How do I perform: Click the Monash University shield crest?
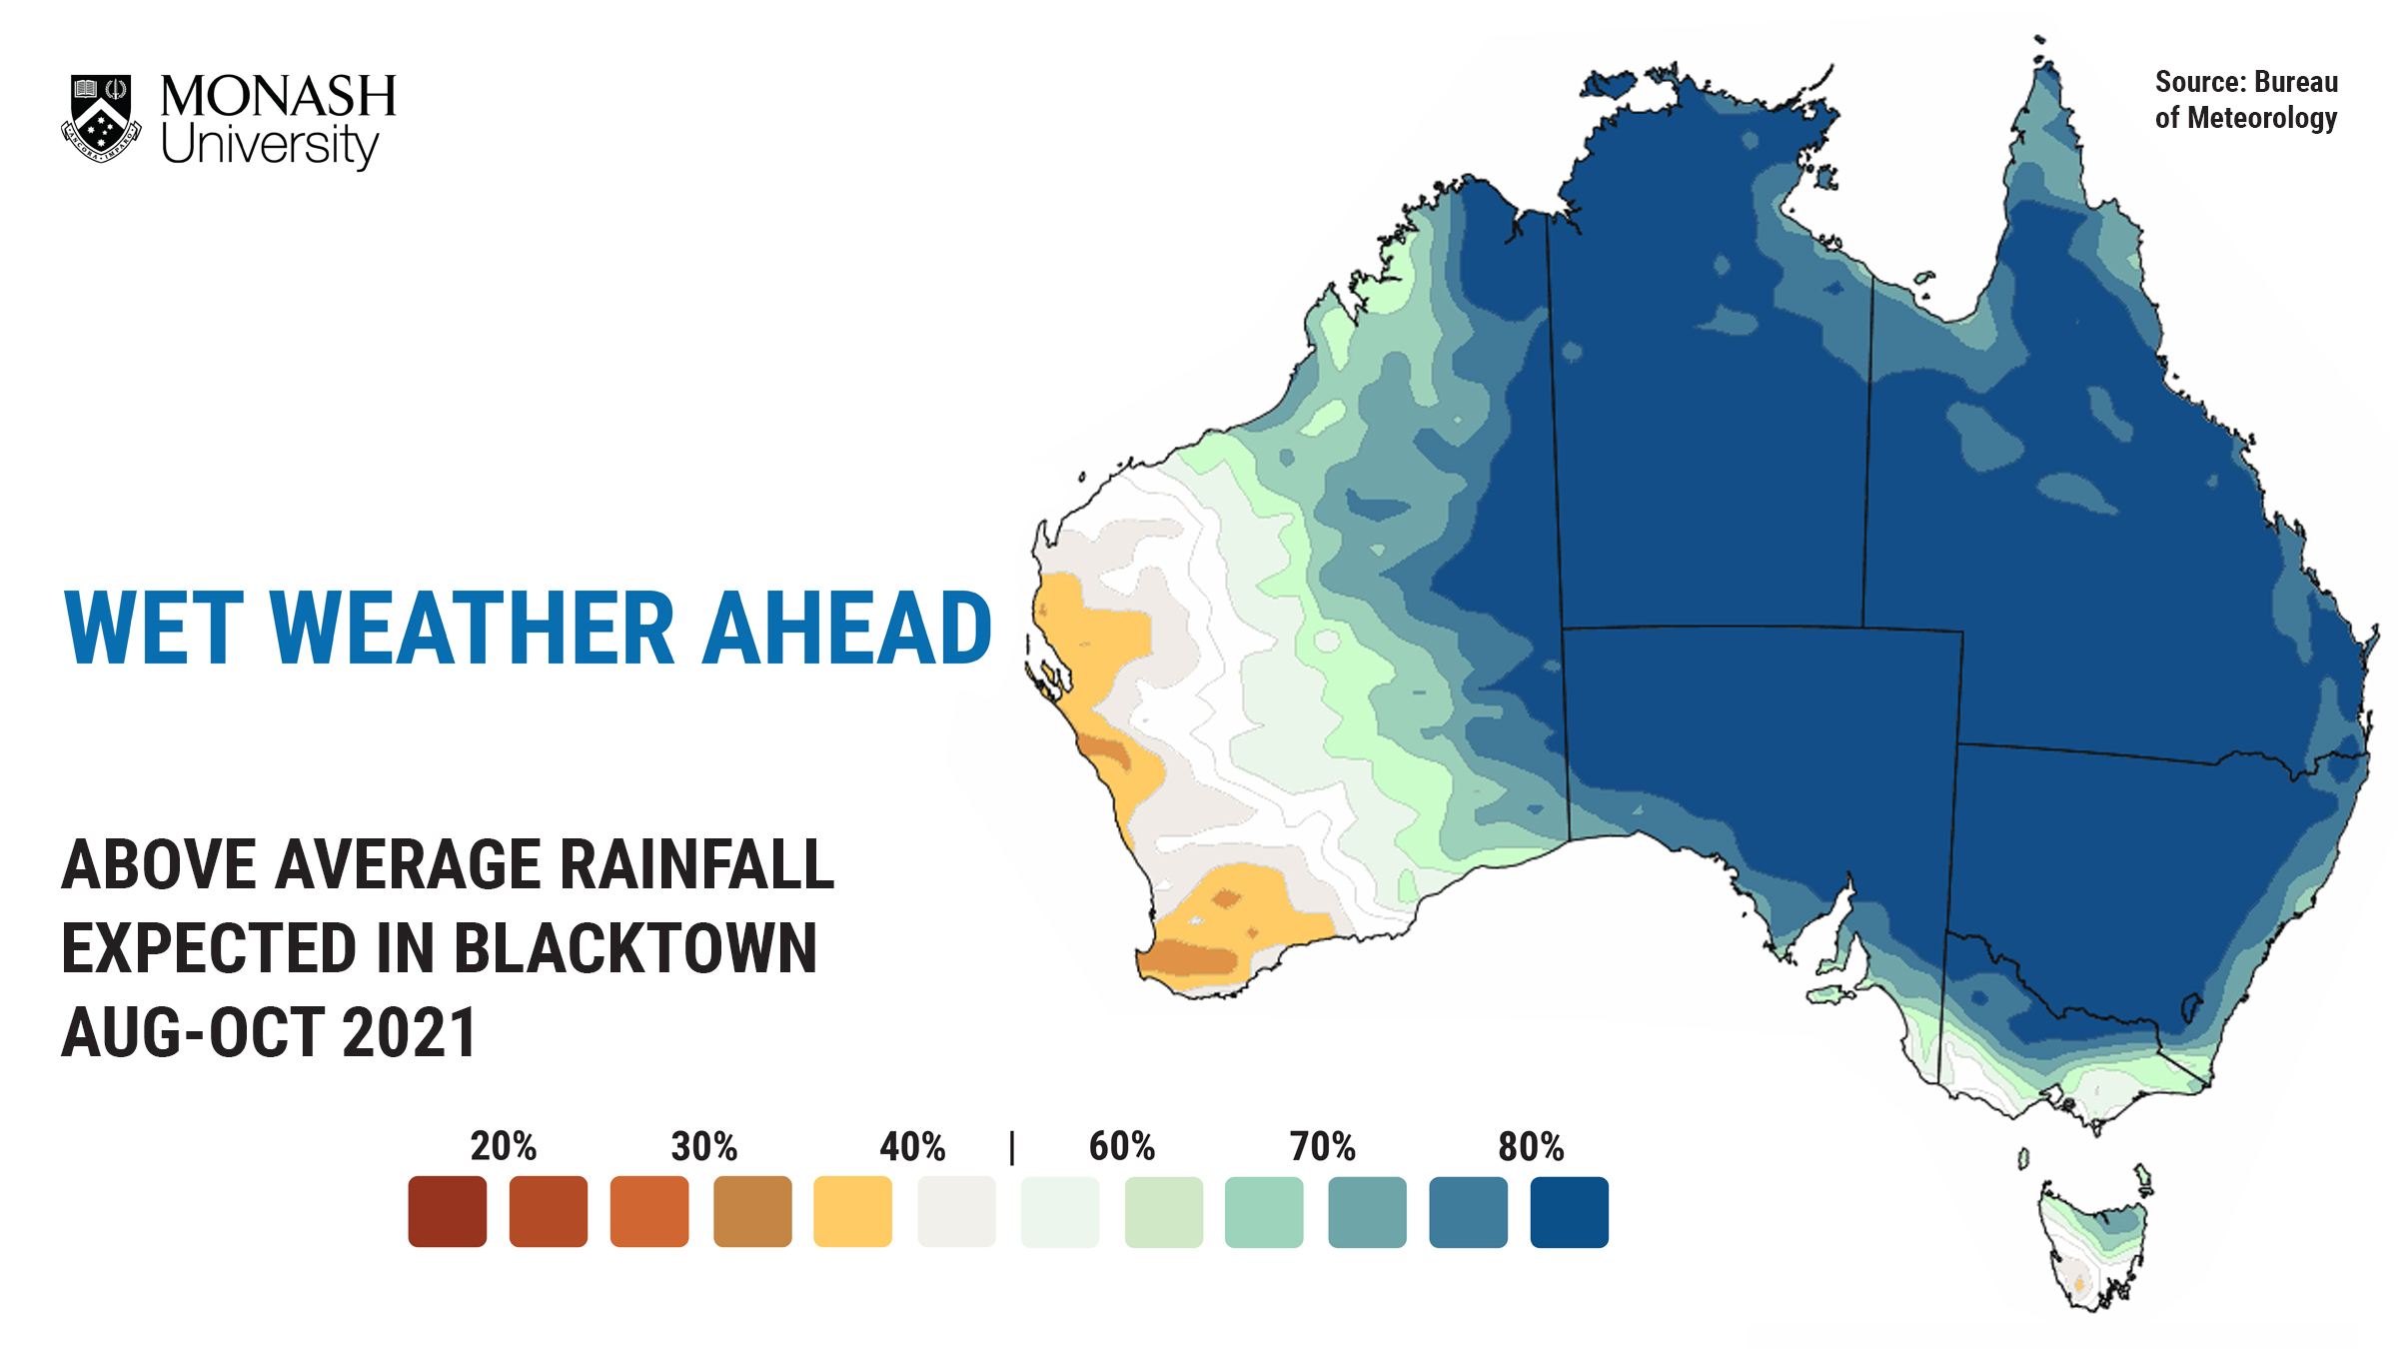pos(101,117)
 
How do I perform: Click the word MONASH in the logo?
pos(278,97)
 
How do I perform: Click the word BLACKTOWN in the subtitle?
pos(636,948)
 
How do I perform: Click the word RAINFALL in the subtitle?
pos(696,864)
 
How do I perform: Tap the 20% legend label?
pos(504,1146)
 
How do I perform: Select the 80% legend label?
pos(1531,1146)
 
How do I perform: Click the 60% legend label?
pos(1122,1146)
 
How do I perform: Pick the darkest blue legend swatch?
pos(1569,1212)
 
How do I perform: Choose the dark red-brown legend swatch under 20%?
pos(448,1212)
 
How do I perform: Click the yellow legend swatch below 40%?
pos(852,1212)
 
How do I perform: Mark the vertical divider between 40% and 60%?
pos(1012,1147)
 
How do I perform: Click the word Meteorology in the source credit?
pos(2262,119)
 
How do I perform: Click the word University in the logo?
pos(270,146)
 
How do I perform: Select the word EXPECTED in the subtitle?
pos(209,948)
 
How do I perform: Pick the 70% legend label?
pos(1322,1146)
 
